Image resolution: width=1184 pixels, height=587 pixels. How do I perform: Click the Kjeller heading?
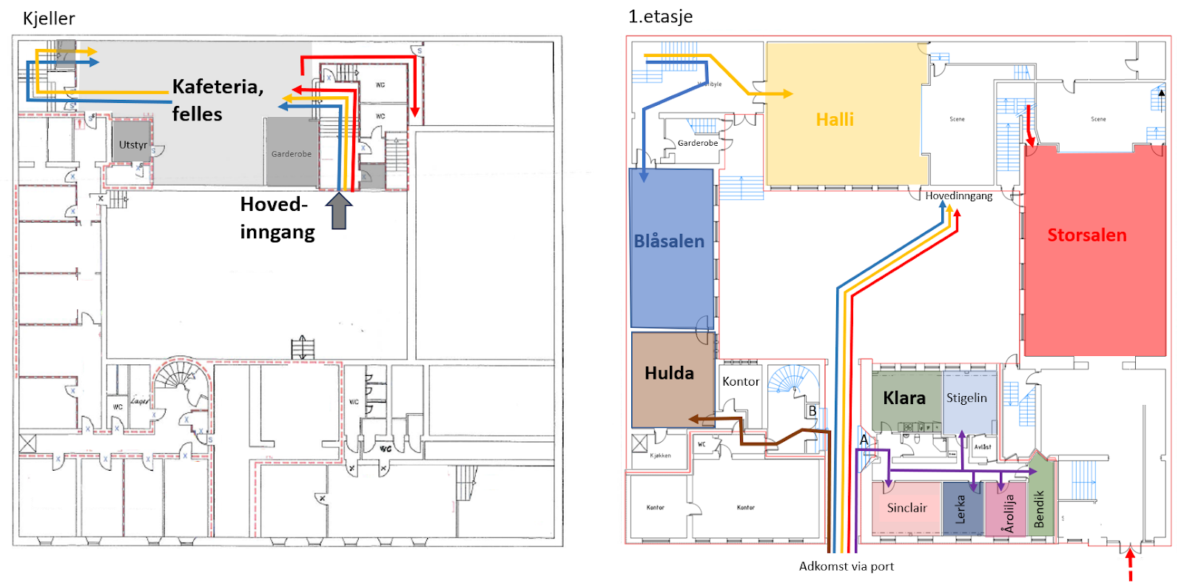49,19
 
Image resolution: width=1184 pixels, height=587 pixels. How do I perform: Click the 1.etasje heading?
660,16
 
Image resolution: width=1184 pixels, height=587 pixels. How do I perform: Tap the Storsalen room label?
1086,235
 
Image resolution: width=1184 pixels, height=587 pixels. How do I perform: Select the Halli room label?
835,120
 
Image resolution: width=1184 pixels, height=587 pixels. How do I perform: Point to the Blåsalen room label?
669,241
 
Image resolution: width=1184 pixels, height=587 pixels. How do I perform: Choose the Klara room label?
904,398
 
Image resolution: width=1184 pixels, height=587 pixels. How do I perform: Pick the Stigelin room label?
966,398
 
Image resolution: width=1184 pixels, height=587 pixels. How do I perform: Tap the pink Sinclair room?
906,508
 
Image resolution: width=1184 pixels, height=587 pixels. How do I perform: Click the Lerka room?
961,509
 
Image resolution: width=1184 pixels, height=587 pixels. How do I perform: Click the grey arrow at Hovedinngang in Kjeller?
339,211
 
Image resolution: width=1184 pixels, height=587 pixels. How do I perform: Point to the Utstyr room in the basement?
133,145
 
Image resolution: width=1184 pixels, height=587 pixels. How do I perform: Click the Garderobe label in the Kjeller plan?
292,154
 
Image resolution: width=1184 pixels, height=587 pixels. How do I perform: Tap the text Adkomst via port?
846,566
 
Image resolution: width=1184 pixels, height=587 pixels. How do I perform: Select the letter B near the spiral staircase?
812,411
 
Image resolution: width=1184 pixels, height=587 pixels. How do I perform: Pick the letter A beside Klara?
864,440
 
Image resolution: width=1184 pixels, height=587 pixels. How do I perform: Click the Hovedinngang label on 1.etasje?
958,196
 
